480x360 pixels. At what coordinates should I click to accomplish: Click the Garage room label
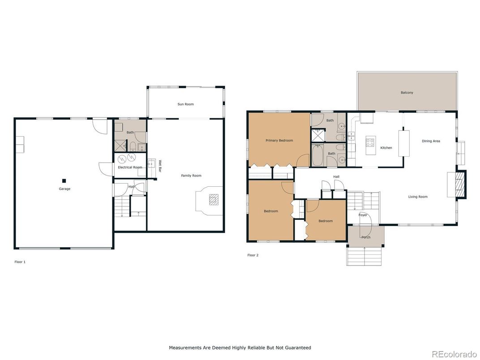click(64, 189)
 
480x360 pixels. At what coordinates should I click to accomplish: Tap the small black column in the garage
click(64, 181)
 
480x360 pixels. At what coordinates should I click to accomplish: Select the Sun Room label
click(185, 104)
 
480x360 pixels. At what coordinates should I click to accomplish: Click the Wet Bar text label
click(159, 166)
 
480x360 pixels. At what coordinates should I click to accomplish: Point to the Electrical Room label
click(130, 167)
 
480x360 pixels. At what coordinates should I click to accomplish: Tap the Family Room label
click(191, 176)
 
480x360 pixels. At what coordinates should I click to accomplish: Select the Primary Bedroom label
click(279, 141)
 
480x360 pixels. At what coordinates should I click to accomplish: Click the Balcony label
click(407, 93)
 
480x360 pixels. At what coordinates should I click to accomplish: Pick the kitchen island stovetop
click(371, 143)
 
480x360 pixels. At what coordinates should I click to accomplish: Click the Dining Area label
click(431, 141)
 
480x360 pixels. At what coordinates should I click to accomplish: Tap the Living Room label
click(417, 197)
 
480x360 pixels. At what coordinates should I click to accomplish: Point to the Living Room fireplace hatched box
click(459, 184)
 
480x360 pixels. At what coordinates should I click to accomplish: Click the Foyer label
click(363, 215)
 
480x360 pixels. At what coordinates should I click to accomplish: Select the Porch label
click(366, 237)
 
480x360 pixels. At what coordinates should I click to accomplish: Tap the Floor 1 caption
click(20, 261)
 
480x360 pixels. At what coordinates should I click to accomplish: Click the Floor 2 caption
click(253, 255)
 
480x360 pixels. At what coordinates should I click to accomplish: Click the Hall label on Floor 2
click(336, 176)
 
